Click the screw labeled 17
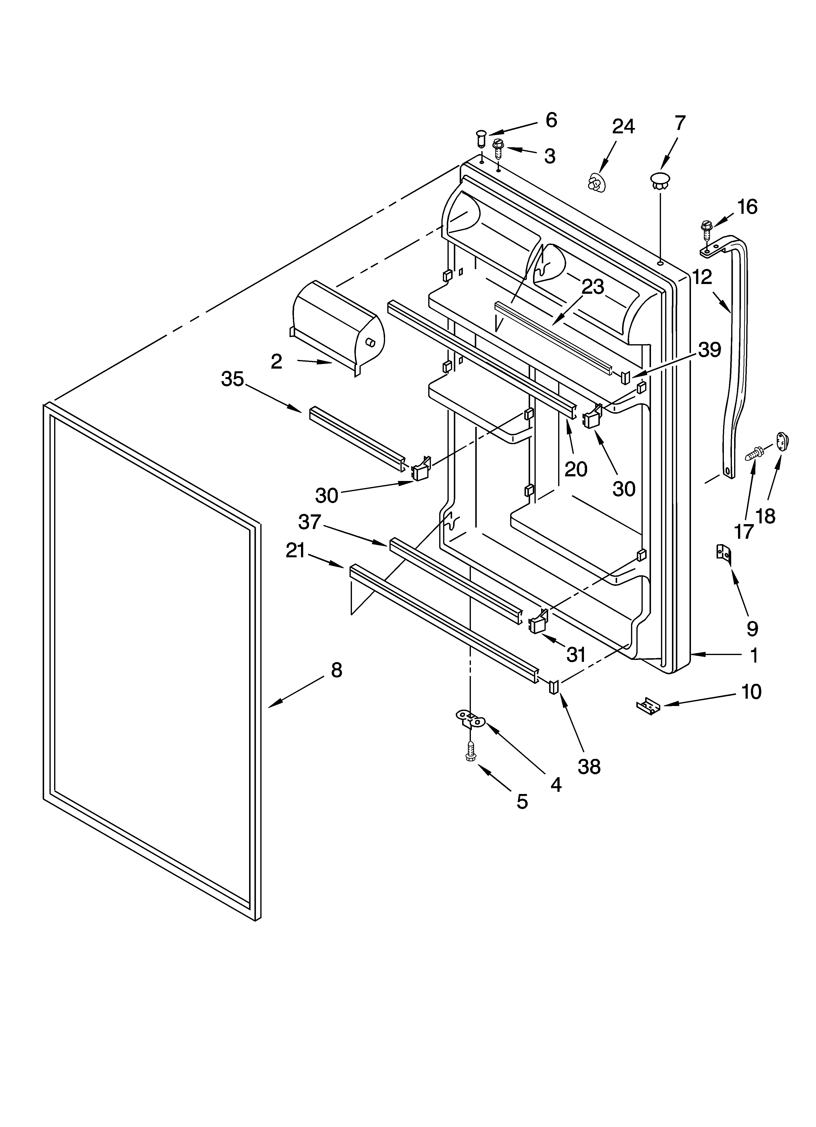[754, 453]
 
